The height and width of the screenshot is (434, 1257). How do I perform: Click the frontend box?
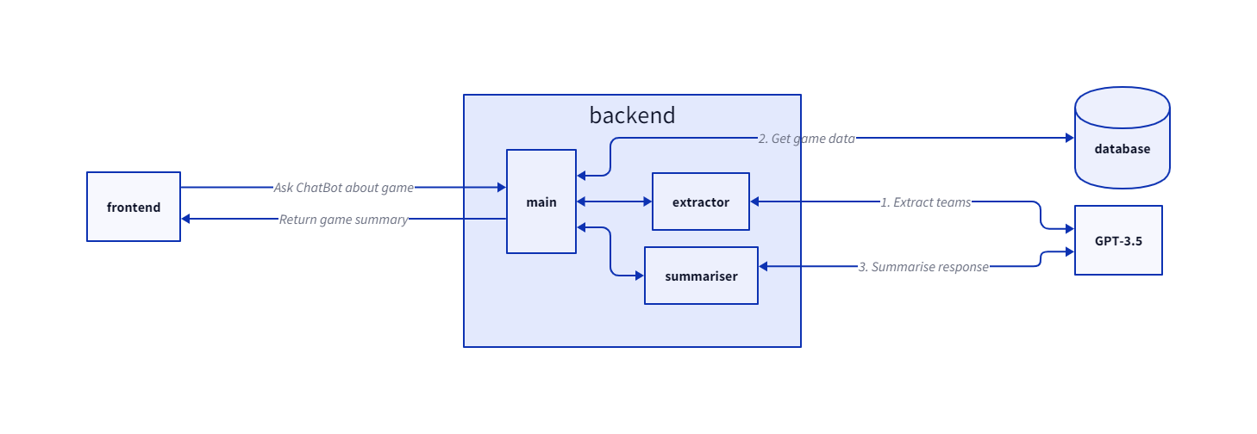[134, 207]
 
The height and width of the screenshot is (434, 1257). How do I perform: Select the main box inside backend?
[541, 201]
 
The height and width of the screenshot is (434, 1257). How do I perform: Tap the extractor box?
[701, 202]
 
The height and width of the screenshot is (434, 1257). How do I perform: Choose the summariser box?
[701, 276]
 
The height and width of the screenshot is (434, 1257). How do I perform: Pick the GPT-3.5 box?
[1118, 240]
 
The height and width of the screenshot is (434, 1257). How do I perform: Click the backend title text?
[632, 115]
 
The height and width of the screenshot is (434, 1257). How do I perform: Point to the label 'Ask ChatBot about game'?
[343, 187]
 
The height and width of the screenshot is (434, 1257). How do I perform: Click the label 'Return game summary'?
[343, 220]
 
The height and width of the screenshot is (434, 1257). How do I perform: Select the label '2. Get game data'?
[806, 138]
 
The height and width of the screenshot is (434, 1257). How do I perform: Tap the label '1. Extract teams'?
[925, 202]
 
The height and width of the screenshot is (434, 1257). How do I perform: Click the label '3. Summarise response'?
[923, 267]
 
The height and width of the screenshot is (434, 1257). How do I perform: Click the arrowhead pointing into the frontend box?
[186, 220]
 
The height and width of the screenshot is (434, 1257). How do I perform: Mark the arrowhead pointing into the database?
[1069, 138]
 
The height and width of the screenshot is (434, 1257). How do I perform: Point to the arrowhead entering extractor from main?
[647, 202]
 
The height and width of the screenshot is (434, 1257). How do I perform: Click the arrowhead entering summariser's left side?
[639, 276]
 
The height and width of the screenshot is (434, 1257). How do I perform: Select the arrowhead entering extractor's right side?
[755, 202]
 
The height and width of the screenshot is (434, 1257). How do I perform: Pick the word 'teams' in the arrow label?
[954, 202]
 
